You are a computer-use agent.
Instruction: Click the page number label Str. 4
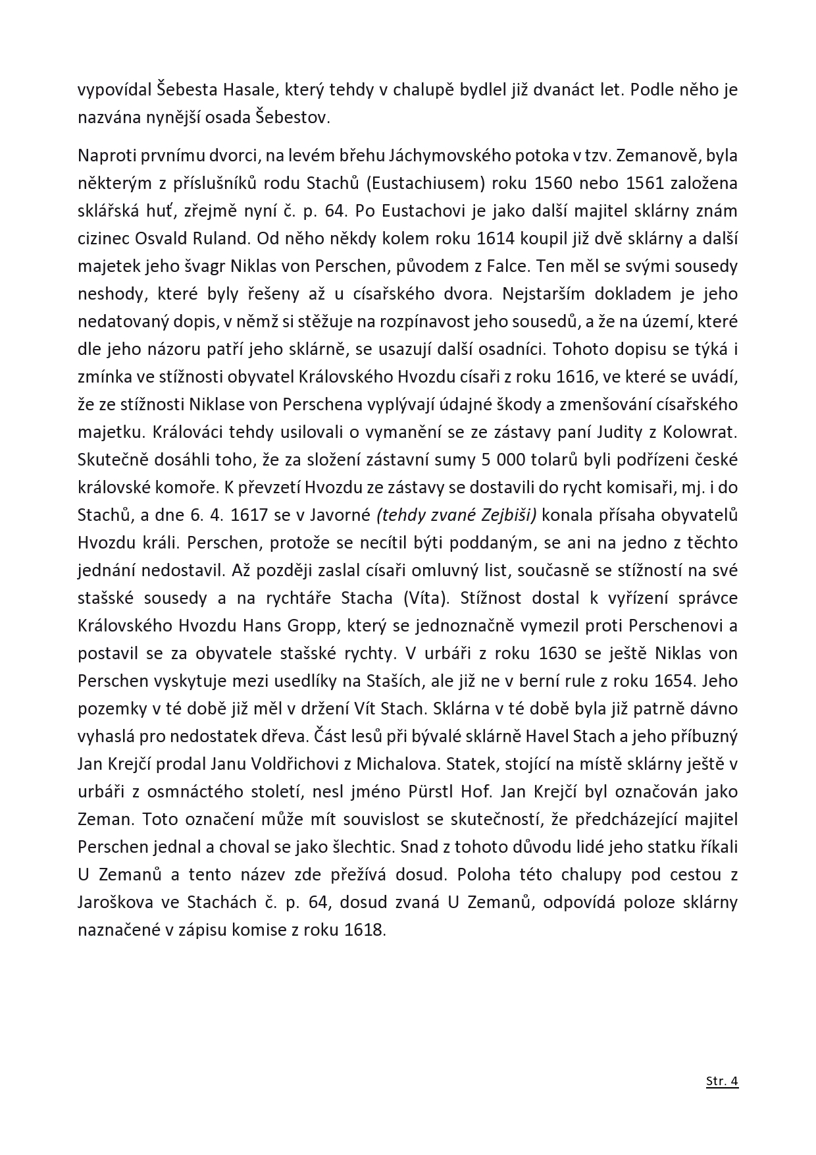point(722,1081)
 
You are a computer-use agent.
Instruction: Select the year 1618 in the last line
point(365,930)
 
